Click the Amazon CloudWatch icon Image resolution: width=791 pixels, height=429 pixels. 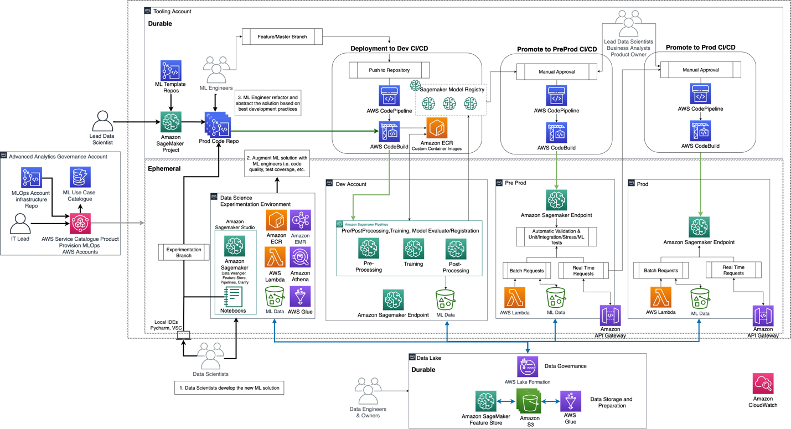(x=763, y=384)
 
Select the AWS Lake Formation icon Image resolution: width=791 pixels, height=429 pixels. (x=527, y=366)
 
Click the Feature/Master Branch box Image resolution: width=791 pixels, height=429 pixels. (x=282, y=37)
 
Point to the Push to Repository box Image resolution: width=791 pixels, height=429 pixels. (x=389, y=70)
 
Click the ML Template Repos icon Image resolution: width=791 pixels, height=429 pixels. (x=171, y=71)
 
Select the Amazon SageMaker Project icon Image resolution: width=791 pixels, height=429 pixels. (x=171, y=122)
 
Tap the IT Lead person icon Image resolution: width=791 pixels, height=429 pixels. (x=20, y=224)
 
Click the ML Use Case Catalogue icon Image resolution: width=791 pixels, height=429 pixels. (x=80, y=177)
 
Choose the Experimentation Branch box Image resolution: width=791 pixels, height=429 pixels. (x=184, y=252)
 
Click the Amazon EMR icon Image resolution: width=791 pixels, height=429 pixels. (x=300, y=220)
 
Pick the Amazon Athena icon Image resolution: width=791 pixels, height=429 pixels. (x=300, y=257)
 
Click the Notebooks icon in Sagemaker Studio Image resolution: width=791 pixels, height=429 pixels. (x=233, y=296)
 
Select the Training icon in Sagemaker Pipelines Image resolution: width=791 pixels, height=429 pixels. (x=413, y=249)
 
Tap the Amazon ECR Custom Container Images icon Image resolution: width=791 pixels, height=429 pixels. (x=437, y=128)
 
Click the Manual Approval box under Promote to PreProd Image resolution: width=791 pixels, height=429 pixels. (x=556, y=71)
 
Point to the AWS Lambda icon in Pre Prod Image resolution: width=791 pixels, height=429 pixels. (x=514, y=298)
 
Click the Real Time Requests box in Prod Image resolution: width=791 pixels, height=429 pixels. (x=733, y=270)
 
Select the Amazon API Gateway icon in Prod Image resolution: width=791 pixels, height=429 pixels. (x=763, y=316)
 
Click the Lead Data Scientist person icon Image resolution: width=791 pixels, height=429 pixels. (x=102, y=121)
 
